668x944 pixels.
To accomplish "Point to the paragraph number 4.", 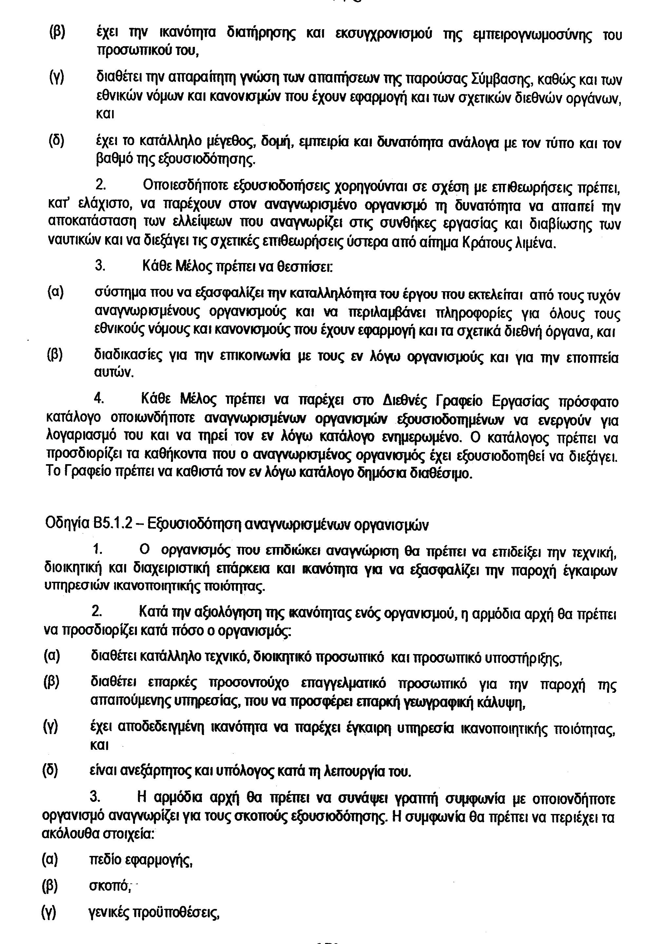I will pos(99,399).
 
